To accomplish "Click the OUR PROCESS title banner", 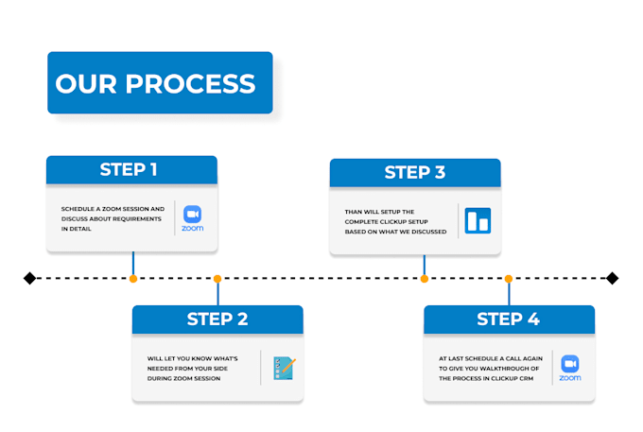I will (160, 83).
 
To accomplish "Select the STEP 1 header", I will (131, 170).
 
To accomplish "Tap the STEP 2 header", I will (217, 320).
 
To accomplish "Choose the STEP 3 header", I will (414, 172).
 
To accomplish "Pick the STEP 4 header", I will (509, 320).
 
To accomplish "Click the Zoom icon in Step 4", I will (570, 366).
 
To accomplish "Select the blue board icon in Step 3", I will (478, 220).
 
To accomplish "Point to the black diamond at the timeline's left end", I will (29, 278).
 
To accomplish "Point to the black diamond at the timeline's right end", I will (612, 278).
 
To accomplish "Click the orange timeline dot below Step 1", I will (133, 278).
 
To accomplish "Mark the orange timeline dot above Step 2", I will (217, 278).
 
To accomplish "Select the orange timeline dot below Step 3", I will (424, 278).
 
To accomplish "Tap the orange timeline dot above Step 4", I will (509, 278).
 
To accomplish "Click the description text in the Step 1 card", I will (112, 218).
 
